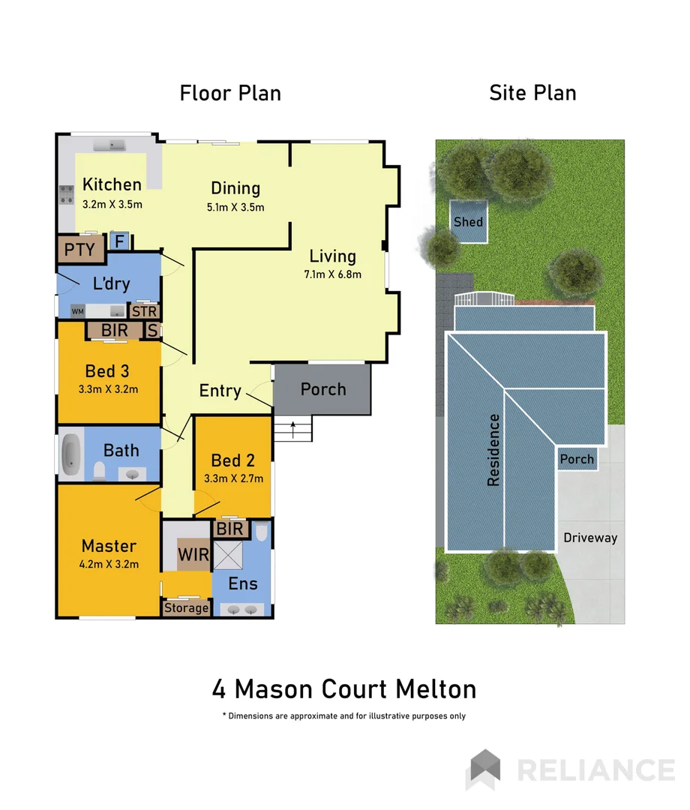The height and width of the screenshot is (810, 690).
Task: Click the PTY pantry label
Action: coord(79,249)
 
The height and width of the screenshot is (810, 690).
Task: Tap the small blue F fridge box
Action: coord(118,241)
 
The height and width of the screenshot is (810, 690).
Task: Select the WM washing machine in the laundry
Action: coord(78,310)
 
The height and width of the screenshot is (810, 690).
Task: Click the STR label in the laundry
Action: coord(143,310)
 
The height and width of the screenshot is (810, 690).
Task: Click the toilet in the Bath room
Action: coord(98,471)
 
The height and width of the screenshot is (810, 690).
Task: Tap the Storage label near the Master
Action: coord(186,607)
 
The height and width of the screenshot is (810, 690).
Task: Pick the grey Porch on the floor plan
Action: coord(322,389)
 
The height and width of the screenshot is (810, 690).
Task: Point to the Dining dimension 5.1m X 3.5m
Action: coord(235,208)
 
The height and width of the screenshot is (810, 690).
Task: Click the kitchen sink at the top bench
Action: coord(116,144)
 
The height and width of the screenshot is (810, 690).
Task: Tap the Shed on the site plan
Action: coord(468,222)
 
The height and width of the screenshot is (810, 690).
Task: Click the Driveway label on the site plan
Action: coord(590,538)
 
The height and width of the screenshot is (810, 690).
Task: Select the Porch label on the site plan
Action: coord(577,459)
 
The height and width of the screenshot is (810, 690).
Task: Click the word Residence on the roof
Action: coord(493,450)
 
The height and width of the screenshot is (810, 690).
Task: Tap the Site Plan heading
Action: coord(532,93)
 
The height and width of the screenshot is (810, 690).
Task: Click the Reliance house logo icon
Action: coord(484,769)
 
